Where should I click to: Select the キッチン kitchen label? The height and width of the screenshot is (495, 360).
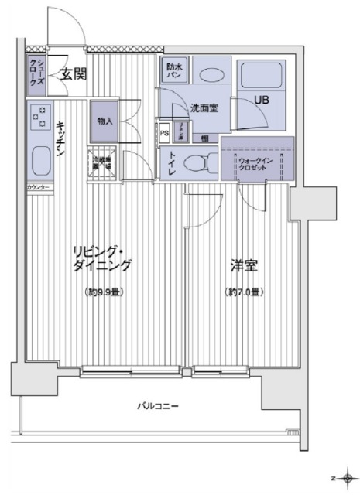coord(60,142)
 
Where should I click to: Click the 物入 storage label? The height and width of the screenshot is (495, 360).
coord(105,121)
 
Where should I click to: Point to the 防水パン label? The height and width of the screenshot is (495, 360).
coord(174,71)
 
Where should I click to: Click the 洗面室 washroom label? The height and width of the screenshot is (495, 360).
coord(204,108)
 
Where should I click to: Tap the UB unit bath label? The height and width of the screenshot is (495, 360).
coord(262,98)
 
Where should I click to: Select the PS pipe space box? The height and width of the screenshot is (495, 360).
coord(164,130)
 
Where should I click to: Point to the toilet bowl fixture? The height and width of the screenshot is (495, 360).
coord(202,163)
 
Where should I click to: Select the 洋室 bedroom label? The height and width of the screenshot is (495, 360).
coord(243,266)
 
